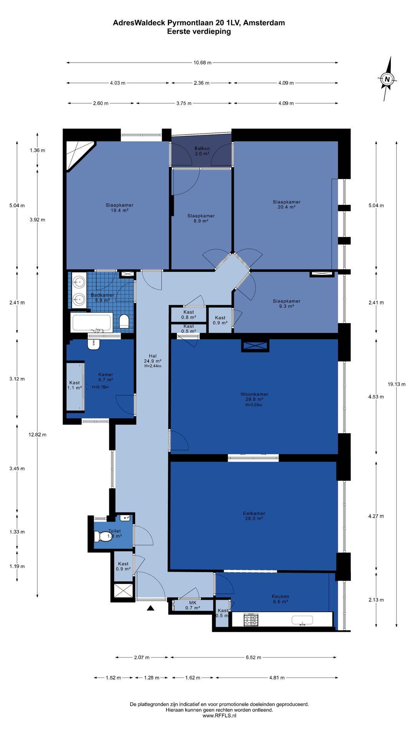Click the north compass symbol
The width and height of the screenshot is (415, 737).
point(387,79)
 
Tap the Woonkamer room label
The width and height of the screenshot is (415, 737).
point(254,394)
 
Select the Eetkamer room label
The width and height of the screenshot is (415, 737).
point(254,513)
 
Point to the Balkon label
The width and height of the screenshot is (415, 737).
point(202,149)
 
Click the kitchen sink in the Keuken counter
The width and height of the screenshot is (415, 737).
point(302,620)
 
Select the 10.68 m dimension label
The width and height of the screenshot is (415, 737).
point(203,63)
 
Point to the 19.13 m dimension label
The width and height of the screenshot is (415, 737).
point(397,384)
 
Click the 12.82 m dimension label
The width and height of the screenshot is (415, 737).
point(37,435)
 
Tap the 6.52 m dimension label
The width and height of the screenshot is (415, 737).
point(254,657)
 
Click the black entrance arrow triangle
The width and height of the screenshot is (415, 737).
point(151,608)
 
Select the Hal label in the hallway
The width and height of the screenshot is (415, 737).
point(153,356)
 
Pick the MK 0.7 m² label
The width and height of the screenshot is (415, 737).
point(193,605)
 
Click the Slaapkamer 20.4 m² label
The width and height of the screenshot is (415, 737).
point(287,204)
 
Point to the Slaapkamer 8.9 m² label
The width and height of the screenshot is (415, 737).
point(201,218)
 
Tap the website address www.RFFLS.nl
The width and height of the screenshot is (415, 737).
point(219,716)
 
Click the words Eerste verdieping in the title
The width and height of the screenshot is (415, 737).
point(199,31)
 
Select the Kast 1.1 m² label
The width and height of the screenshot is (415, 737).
point(75,385)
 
